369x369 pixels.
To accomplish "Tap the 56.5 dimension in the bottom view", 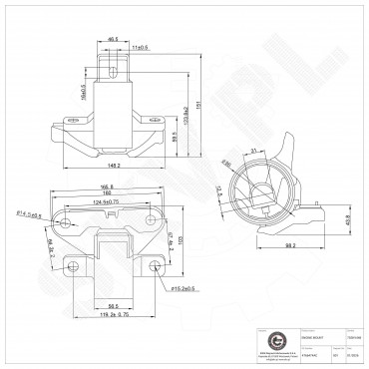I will tap(113, 307).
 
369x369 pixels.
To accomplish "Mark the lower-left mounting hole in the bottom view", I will tap(70, 267).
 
